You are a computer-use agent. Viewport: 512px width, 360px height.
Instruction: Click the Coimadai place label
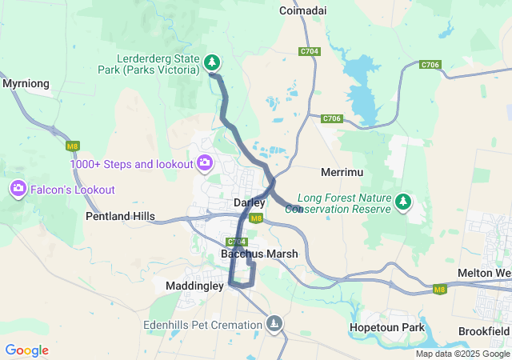(302, 10)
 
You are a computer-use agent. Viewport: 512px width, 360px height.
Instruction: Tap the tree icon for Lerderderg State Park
(211, 62)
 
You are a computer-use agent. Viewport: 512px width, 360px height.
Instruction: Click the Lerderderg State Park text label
(158, 64)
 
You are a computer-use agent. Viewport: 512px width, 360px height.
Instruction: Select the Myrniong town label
(26, 83)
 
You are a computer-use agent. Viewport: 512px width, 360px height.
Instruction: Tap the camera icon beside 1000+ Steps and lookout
(205, 163)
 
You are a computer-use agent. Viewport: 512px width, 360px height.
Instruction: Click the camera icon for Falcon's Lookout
(18, 189)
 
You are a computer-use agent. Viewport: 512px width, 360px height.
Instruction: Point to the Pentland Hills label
(120, 217)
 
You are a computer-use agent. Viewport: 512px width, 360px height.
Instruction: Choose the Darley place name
(249, 203)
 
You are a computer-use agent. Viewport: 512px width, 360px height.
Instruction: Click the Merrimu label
(342, 173)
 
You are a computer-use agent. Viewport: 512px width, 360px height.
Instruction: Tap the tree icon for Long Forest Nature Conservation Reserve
(405, 202)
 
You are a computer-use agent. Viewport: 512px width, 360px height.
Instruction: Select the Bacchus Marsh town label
(259, 254)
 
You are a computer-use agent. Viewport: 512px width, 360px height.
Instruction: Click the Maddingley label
(194, 285)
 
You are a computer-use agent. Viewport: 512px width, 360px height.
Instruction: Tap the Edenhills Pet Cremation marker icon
(274, 323)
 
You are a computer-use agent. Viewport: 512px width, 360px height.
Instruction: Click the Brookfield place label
(484, 331)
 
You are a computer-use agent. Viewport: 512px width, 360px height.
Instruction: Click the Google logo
(26, 350)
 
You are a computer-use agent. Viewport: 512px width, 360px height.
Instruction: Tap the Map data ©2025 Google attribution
(462, 354)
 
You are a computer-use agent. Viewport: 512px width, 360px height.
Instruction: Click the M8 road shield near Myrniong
(73, 146)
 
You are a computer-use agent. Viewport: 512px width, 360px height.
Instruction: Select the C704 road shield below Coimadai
(310, 51)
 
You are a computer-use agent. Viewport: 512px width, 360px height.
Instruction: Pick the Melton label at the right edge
(484, 274)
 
